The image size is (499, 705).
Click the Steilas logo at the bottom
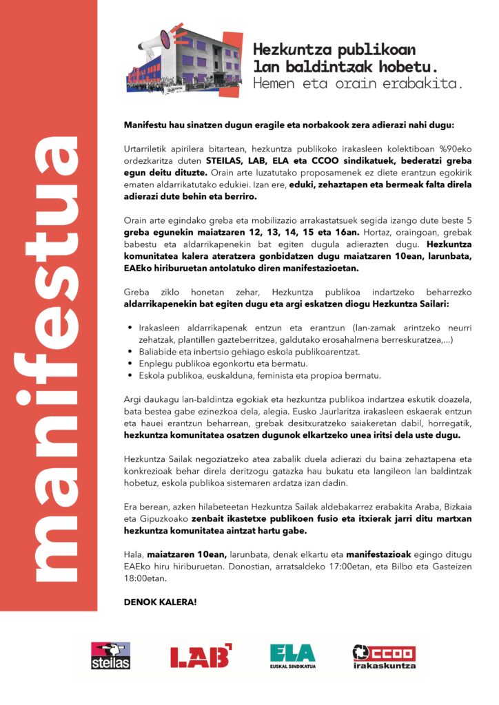[x=110, y=655]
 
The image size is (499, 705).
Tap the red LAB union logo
[x=201, y=656]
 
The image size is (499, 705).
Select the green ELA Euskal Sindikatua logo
[x=292, y=655]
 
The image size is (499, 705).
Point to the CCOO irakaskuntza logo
[x=384, y=656]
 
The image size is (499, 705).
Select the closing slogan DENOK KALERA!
[x=160, y=602]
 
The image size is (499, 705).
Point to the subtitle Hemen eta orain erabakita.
[x=358, y=83]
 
